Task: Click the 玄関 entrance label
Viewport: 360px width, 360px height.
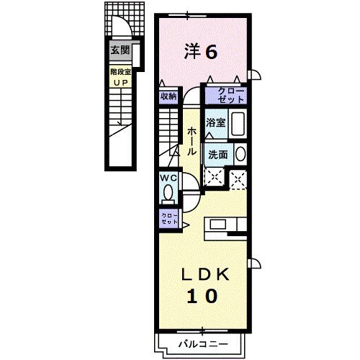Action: (119, 50)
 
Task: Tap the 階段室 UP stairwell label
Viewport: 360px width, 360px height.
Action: (119, 76)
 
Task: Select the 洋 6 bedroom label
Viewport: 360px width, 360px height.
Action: (201, 50)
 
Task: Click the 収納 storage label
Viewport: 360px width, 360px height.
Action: (168, 95)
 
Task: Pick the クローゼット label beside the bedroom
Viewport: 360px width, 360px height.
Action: (225, 94)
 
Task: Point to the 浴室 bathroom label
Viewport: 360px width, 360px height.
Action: (216, 122)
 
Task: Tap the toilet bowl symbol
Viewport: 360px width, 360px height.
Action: (168, 193)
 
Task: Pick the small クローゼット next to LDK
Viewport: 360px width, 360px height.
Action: (168, 218)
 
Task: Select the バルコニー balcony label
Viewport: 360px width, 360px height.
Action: (202, 345)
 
